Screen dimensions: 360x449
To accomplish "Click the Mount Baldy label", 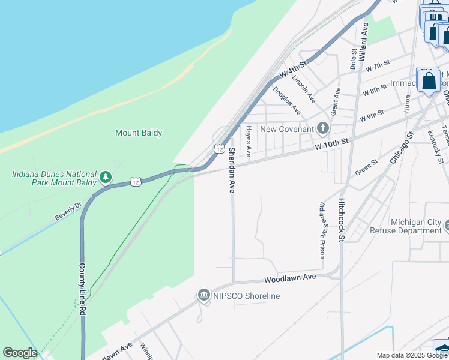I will [x=139, y=133].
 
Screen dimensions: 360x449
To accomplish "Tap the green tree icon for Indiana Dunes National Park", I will [x=106, y=177].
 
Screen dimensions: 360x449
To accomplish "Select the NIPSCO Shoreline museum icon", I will [x=203, y=296].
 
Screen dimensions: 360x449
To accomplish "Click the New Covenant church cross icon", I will [x=323, y=129].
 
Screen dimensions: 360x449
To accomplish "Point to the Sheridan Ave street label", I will [x=231, y=170].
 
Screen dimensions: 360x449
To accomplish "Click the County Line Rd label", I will [x=82, y=289].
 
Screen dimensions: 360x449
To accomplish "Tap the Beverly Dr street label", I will [x=68, y=212].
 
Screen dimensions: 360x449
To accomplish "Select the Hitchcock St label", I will [x=341, y=220].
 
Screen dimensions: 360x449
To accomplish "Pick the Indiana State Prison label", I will [x=324, y=230].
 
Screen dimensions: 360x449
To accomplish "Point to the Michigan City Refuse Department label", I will [x=415, y=226].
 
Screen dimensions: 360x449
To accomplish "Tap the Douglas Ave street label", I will [x=286, y=100].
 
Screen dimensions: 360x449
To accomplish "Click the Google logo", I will [x=20, y=353].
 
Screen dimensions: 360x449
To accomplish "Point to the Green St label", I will [x=366, y=167].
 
